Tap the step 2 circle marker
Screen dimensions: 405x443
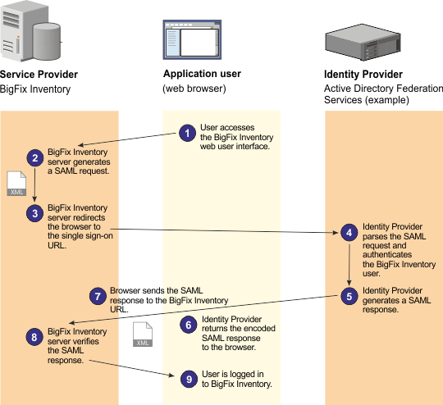click(35, 157)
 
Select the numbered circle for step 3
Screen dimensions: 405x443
click(35, 213)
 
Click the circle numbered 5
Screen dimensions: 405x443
click(349, 296)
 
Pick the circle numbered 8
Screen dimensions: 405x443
click(35, 336)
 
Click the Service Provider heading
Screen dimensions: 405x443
click(40, 74)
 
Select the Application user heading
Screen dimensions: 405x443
click(202, 74)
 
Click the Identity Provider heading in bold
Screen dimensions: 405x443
click(363, 74)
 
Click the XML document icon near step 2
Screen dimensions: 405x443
click(17, 185)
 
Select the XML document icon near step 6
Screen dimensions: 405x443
click(143, 336)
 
